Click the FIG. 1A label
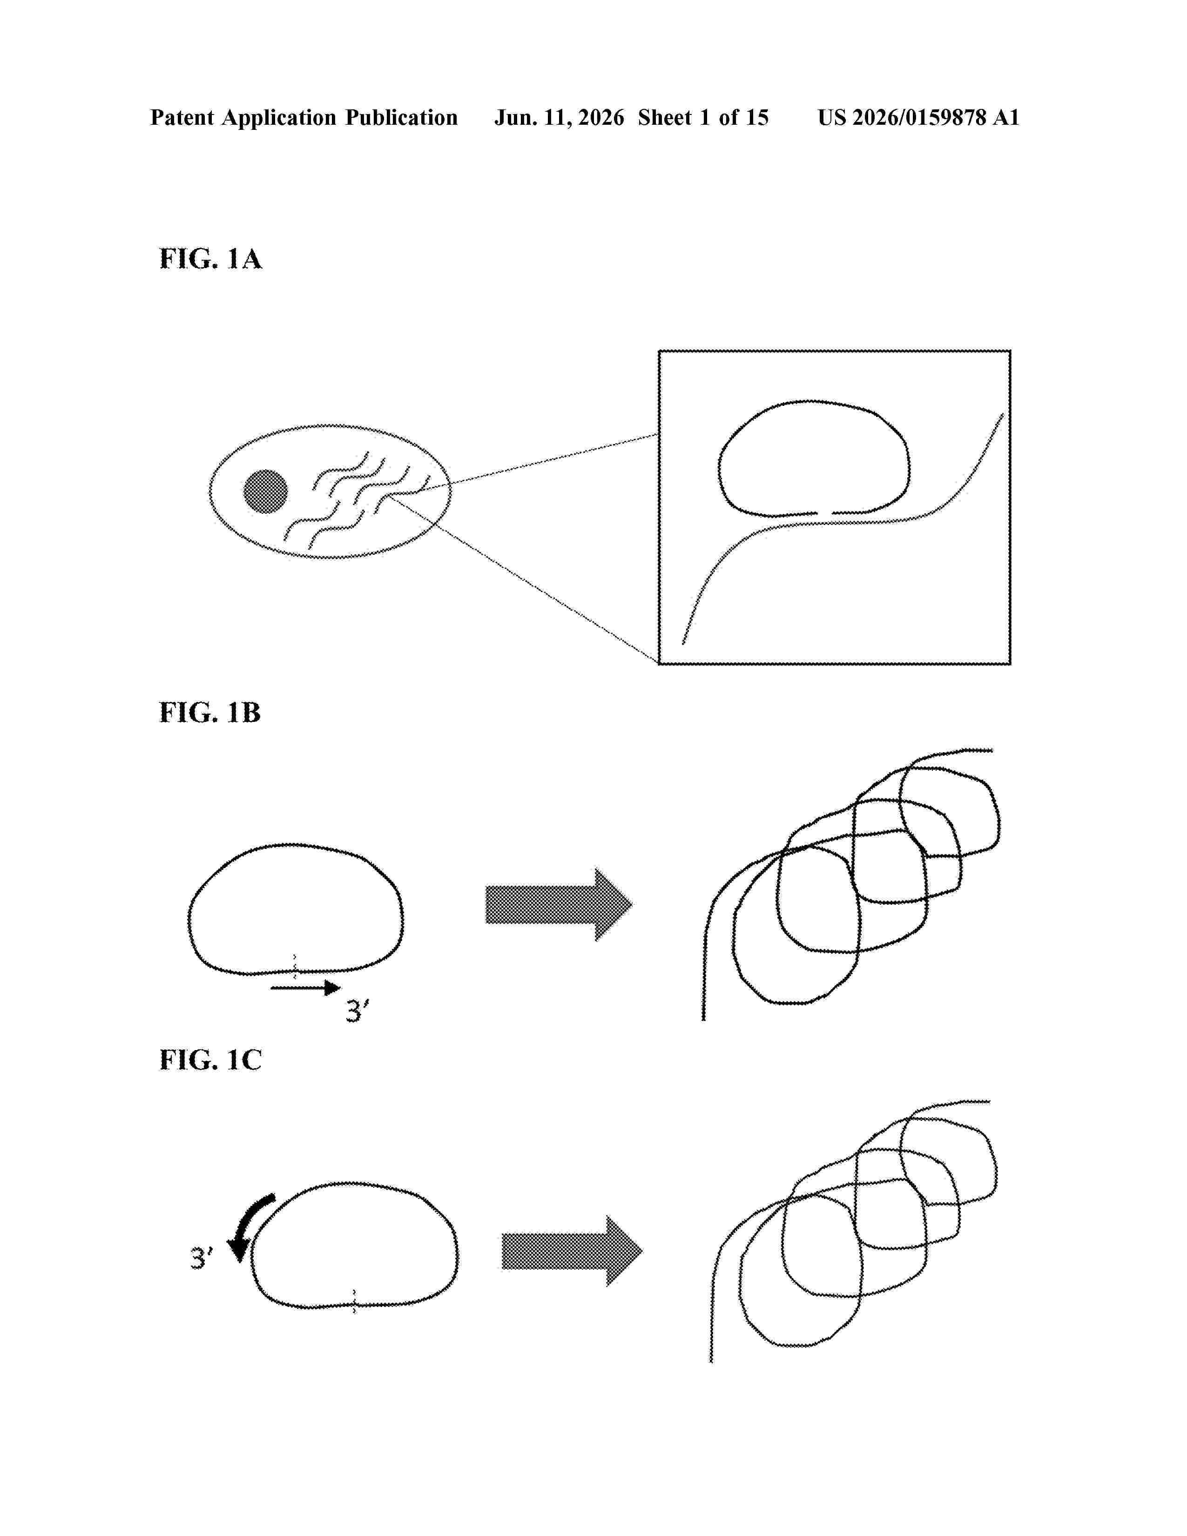click(x=210, y=259)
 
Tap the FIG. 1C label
click(x=210, y=1059)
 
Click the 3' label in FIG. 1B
click(x=357, y=1011)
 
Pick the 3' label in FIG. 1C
click(x=202, y=1258)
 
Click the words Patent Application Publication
click(x=304, y=117)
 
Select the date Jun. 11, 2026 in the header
click(x=559, y=117)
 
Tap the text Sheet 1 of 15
click(x=703, y=117)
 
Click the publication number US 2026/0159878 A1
click(x=918, y=117)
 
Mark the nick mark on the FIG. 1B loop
click(x=295, y=966)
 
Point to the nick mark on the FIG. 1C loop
click(x=354, y=1302)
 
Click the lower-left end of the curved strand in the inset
click(x=683, y=643)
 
